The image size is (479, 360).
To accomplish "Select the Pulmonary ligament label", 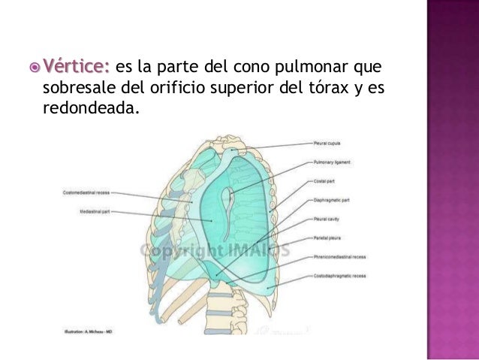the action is (333, 162).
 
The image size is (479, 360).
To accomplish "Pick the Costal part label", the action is (325, 181).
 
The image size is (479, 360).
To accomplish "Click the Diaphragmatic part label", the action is (332, 200).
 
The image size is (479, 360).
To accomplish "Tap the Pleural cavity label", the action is (327, 219).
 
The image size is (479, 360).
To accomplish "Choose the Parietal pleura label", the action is (328, 238).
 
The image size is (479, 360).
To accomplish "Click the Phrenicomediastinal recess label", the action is (340, 257).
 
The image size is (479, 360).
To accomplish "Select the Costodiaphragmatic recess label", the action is (339, 276).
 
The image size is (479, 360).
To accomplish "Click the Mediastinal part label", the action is (95, 213).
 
